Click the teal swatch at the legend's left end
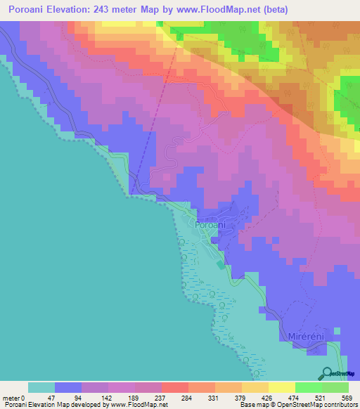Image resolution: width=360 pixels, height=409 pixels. click(x=41, y=387)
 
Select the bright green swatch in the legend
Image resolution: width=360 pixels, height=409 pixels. click(x=309, y=387)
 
